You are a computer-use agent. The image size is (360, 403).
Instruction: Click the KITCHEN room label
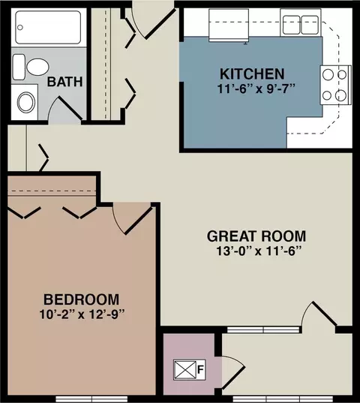(x=252, y=74)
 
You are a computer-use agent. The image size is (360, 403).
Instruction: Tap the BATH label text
(x=65, y=82)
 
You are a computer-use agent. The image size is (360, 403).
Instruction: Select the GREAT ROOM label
(x=256, y=236)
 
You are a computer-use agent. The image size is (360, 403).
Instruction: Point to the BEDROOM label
(x=82, y=299)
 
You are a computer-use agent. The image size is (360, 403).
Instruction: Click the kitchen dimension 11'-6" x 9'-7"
(x=256, y=89)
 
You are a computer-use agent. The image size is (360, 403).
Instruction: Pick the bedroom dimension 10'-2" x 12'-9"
(x=82, y=314)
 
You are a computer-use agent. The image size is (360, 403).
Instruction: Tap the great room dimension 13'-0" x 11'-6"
(x=258, y=251)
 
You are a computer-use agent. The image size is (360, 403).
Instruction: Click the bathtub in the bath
(x=48, y=27)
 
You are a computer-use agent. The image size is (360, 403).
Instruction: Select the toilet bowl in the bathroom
(x=37, y=67)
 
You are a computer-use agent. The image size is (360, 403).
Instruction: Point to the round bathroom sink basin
(x=26, y=102)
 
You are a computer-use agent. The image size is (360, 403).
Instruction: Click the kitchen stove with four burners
(x=335, y=85)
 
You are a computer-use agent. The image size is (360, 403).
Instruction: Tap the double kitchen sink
(x=301, y=25)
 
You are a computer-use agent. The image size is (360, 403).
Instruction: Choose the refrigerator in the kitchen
(x=229, y=26)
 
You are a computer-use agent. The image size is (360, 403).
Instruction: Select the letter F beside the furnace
(x=200, y=369)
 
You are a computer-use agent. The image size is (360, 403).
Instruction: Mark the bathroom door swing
(x=64, y=109)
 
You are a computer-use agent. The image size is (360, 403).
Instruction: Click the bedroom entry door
(x=133, y=218)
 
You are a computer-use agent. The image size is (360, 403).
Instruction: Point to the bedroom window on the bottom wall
(x=91, y=399)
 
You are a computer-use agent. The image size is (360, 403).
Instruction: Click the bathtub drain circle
(x=20, y=27)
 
